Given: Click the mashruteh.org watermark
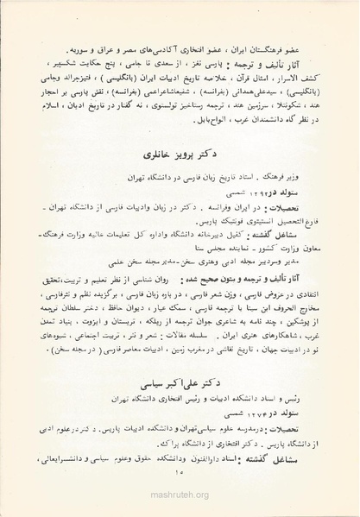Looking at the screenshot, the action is [180, 508].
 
